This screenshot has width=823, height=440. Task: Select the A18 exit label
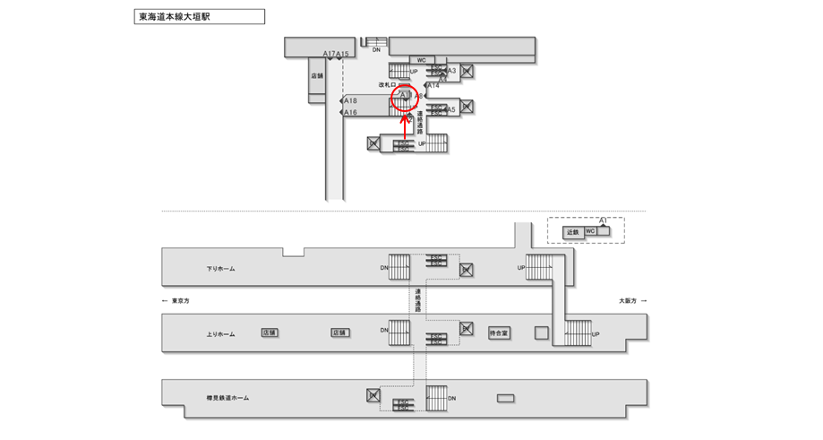tap(350, 101)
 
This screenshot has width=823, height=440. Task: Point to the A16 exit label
tap(350, 113)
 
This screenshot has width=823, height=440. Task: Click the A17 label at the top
tap(329, 54)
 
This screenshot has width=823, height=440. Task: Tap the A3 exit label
tap(451, 70)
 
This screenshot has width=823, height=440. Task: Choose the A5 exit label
tap(451, 109)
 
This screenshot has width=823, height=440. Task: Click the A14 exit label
tap(433, 85)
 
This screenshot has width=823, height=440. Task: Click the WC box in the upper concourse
tap(420, 60)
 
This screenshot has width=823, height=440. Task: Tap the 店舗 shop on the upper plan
tap(317, 76)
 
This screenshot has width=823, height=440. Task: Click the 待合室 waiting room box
tap(499, 332)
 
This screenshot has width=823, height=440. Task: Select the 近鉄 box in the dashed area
tap(573, 231)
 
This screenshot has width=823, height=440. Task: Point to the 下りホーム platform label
tap(220, 268)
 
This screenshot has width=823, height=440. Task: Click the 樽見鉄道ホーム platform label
tap(227, 397)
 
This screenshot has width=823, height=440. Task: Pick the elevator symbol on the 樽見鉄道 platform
tap(374, 394)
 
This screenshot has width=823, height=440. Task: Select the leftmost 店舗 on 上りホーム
tap(270, 332)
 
